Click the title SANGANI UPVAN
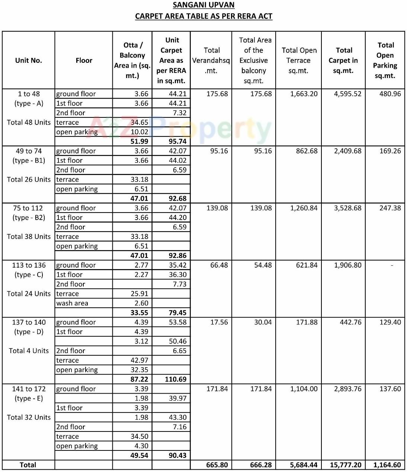pyautogui.click(x=203, y=5)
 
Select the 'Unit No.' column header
pyautogui.click(x=29, y=60)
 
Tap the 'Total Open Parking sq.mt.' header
pyautogui.click(x=385, y=60)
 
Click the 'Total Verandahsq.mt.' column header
pyautogui.click(x=211, y=60)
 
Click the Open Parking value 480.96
pyautogui.click(x=390, y=94)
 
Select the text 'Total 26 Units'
pyautogui.click(x=29, y=180)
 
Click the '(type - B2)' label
pyautogui.click(x=29, y=217)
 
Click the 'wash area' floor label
pyautogui.click(x=72, y=303)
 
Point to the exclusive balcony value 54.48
pyautogui.click(x=263, y=265)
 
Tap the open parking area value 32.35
pyautogui.click(x=140, y=370)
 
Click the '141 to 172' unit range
pyautogui.click(x=29, y=389)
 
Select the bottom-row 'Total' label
pyautogui.click(x=28, y=465)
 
